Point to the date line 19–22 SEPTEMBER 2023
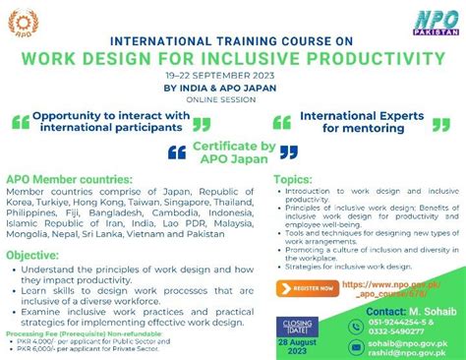(232, 74)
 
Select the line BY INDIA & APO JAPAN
(232, 87)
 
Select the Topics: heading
(293, 181)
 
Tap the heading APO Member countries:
(69, 181)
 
